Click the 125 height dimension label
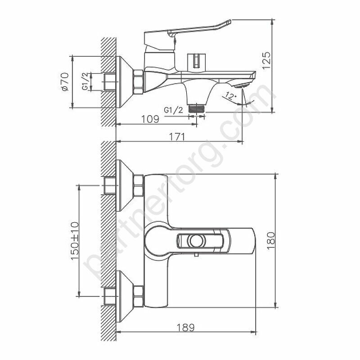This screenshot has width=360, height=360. click(x=267, y=60)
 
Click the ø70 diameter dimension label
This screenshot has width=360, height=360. click(x=64, y=81)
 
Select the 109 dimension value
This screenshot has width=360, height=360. click(x=150, y=119)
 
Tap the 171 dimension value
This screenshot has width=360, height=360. click(x=177, y=137)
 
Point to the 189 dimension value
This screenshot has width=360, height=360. click(x=186, y=327)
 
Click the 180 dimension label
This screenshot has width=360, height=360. click(x=271, y=240)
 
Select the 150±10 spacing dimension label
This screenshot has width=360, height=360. click(x=75, y=240)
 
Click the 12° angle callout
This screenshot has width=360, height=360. click(x=230, y=95)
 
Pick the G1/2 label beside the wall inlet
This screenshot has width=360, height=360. click(x=85, y=81)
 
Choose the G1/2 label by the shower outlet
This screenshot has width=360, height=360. click(x=174, y=110)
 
